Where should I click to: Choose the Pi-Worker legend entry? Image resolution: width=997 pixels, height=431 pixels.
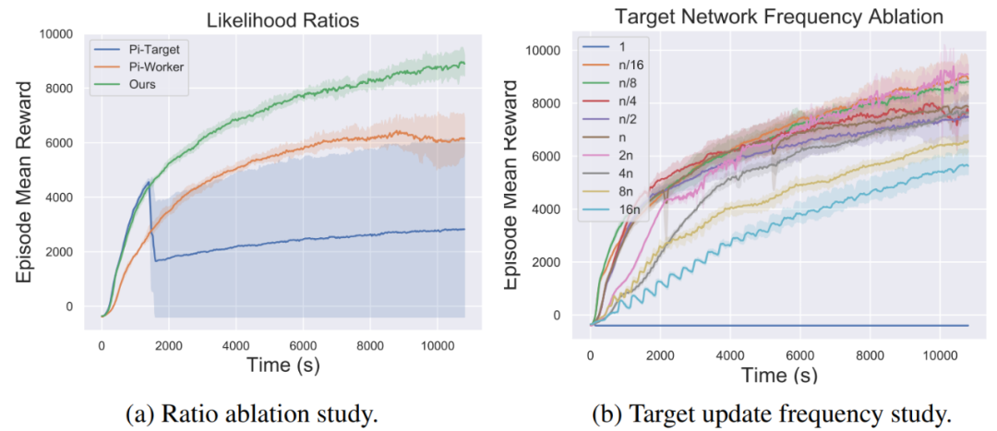[x=158, y=66]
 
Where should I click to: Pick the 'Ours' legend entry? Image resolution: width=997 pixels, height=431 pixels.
[x=147, y=85]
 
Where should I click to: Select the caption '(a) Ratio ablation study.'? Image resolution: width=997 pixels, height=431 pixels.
[x=249, y=413]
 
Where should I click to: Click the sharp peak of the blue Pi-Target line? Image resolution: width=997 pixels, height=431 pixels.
[x=148, y=182]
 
